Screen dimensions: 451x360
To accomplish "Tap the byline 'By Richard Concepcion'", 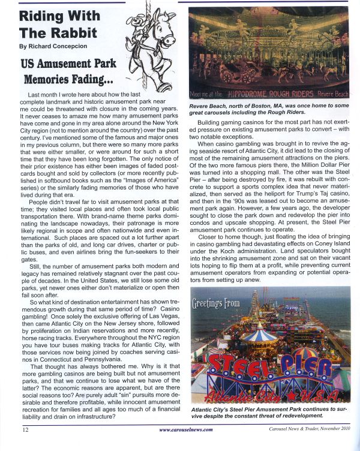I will [53, 46].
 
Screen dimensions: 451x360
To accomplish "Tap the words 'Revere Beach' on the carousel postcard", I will [332, 95].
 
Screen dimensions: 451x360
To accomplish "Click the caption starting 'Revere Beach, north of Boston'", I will [269, 110].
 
